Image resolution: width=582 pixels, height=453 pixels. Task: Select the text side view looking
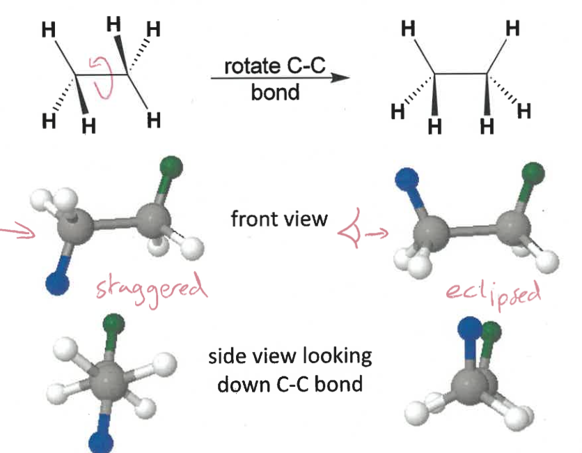click(x=290, y=357)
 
